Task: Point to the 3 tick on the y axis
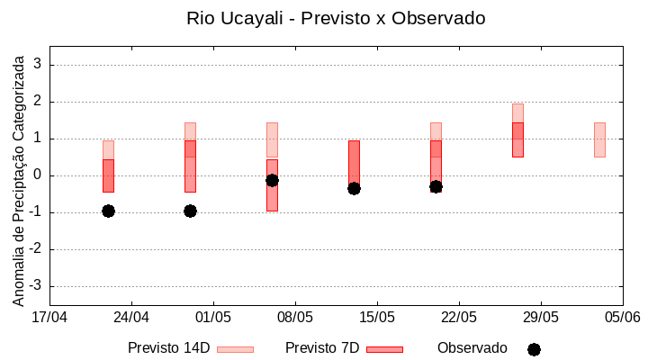[38, 65]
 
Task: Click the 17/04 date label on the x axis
[49, 318]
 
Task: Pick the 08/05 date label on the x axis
[295, 318]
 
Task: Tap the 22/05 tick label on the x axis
[459, 318]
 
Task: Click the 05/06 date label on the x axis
[622, 318]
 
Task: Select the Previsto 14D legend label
[168, 348]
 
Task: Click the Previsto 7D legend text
[322, 348]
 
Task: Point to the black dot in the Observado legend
[534, 349]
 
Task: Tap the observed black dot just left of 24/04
[108, 211]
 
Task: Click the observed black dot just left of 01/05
[190, 211]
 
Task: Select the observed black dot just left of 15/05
[354, 188]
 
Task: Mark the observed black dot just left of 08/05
[272, 180]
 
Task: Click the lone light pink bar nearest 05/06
[599, 139]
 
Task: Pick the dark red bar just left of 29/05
[517, 139]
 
